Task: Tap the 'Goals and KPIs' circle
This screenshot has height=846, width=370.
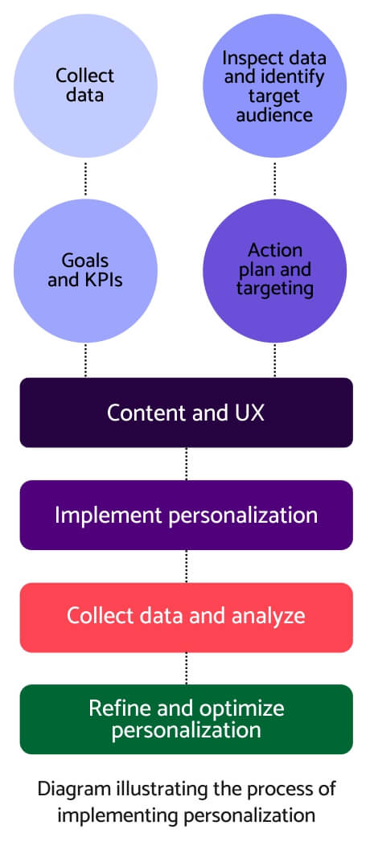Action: [x=84, y=269]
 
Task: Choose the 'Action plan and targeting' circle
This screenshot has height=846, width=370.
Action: [x=274, y=269]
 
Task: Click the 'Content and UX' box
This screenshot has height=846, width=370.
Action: [x=186, y=413]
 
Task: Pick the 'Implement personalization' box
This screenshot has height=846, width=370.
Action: [x=186, y=515]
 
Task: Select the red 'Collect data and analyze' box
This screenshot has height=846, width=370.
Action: [x=186, y=617]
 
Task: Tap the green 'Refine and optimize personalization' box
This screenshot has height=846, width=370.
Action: [x=186, y=719]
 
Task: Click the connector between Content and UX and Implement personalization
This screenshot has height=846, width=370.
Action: [x=186, y=464]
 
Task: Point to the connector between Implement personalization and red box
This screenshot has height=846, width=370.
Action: [x=186, y=566]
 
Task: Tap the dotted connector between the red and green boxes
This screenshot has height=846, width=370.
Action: [x=186, y=668]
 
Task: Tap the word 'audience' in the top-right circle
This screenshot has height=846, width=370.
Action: [x=274, y=114]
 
